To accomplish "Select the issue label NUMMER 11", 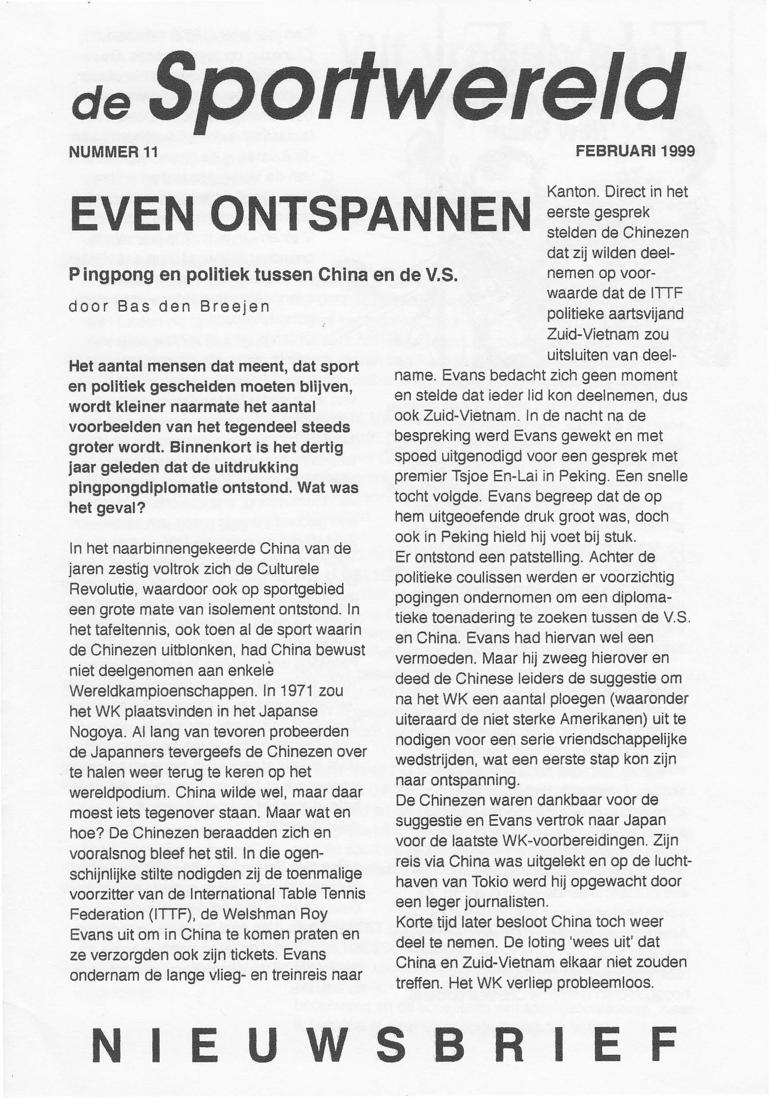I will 113,152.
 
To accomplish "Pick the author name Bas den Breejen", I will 193,306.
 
